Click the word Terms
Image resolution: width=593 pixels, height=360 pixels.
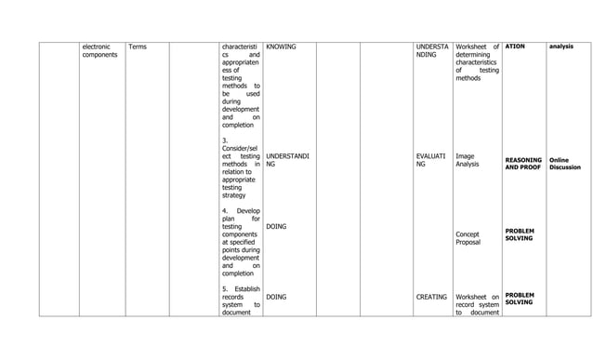click(137, 46)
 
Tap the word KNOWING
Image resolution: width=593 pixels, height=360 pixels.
click(281, 46)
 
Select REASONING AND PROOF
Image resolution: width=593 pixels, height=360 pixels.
click(524, 164)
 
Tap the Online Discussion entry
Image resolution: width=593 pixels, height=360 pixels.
click(564, 164)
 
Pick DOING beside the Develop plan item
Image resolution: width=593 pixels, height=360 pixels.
click(276, 226)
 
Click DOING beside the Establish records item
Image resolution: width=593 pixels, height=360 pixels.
click(276, 298)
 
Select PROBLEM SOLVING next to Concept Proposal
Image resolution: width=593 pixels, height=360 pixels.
click(520, 233)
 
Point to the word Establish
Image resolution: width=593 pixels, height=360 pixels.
click(246, 288)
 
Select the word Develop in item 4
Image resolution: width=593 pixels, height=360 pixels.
click(248, 211)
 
